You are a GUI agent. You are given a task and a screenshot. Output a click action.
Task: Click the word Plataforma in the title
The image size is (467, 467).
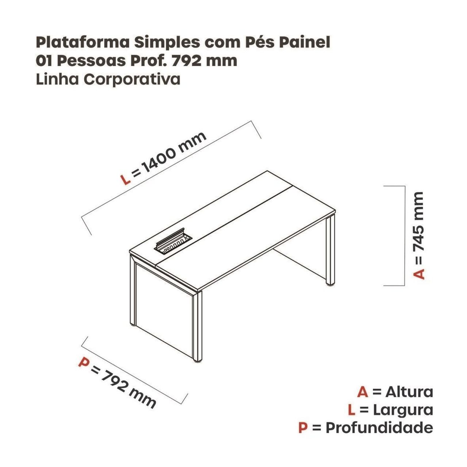pyautogui.click(x=82, y=43)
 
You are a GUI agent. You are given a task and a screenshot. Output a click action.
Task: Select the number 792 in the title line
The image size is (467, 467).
pyautogui.click(x=186, y=61)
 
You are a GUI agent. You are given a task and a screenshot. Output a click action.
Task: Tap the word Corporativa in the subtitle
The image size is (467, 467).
pyautogui.click(x=132, y=80)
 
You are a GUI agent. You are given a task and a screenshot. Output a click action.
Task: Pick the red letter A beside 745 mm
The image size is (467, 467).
pyautogui.click(x=418, y=274)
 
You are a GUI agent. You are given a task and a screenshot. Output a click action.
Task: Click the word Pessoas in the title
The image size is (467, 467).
pyautogui.click(x=92, y=61)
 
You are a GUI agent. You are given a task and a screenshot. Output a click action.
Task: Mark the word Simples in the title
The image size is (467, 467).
pyautogui.click(x=167, y=43)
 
